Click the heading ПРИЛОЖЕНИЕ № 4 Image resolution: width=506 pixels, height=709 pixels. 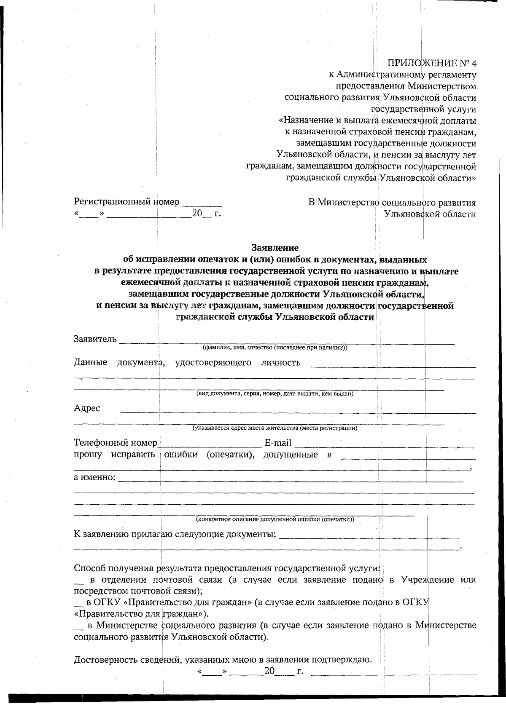[x=432, y=64]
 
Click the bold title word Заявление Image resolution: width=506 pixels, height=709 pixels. [x=275, y=247]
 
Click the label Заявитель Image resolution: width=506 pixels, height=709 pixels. [x=95, y=339]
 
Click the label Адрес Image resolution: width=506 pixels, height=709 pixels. [x=87, y=408]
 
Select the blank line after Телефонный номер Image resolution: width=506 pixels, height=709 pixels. [x=211, y=445]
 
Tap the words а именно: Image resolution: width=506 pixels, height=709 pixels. [x=94, y=478]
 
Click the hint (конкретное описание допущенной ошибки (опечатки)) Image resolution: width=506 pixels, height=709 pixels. [x=275, y=519]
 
